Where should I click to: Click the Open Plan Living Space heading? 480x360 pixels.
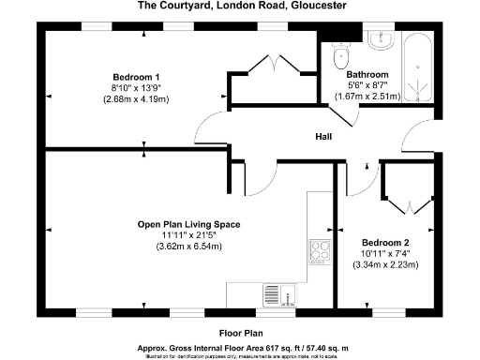click(x=189, y=225)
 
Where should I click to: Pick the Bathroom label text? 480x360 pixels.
click(x=367, y=74)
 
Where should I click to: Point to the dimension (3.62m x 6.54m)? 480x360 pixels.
click(x=189, y=247)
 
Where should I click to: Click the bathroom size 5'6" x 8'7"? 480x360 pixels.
click(x=367, y=84)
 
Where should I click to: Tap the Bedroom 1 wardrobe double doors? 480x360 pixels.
click(x=272, y=67)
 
